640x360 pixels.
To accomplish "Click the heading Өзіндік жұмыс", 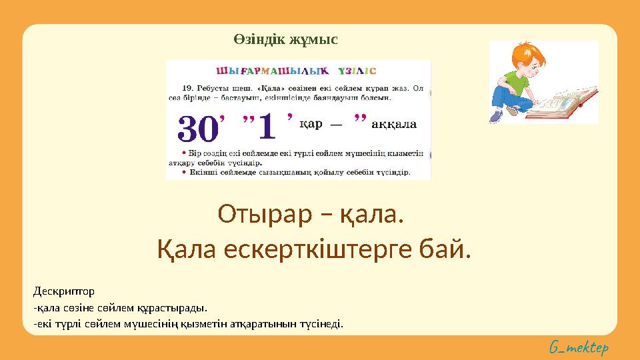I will click(285, 39).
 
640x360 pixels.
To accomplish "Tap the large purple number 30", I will click(198, 128).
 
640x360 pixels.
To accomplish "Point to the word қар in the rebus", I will click(311, 123).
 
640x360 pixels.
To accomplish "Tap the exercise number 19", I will click(188, 87).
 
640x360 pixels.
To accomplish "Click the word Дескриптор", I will click(63, 291).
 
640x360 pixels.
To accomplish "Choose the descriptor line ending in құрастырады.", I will click(120, 308).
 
